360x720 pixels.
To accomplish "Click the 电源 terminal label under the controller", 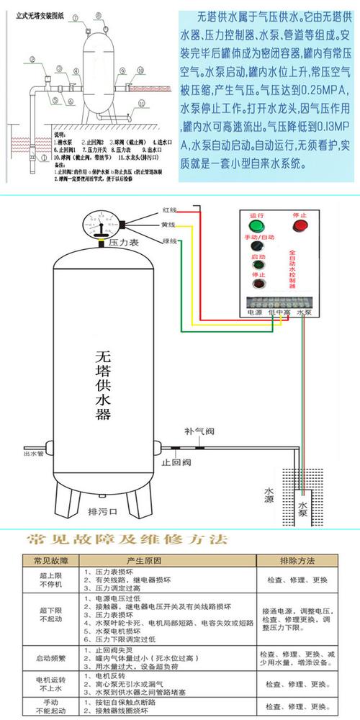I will click(x=255, y=313).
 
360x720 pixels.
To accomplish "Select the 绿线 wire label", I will click(x=168, y=240).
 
